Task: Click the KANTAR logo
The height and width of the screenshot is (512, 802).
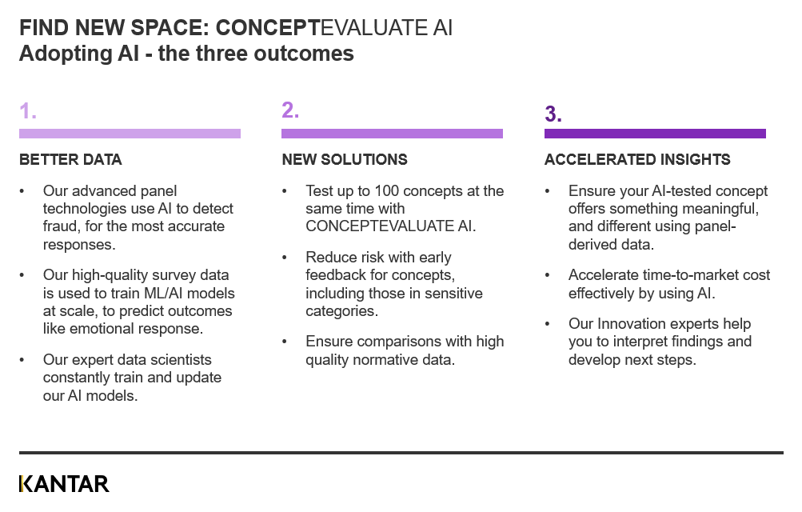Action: coord(64,484)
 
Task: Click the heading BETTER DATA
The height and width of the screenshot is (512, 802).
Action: coord(70,160)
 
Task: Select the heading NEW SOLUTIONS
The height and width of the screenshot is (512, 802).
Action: coord(345,160)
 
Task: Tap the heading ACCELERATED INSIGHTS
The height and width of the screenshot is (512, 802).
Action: coord(637,160)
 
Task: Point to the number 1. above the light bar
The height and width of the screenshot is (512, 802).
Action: coord(28,110)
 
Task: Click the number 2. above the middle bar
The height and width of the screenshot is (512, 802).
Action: coord(290,110)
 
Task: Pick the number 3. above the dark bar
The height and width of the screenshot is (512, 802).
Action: coord(553,114)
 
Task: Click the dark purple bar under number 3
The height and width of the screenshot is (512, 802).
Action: coord(655,134)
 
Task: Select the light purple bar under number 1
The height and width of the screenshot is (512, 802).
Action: coord(130,134)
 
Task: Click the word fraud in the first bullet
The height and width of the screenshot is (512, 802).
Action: coord(61,226)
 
